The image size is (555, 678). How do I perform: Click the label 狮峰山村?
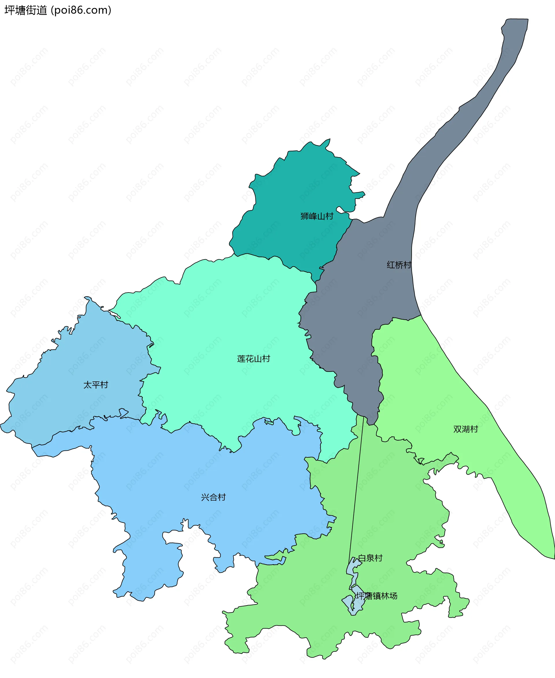coord(317,216)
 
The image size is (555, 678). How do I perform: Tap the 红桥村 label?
coord(399,265)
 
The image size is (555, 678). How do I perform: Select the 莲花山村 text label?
coord(254,359)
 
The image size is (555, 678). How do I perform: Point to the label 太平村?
coord(96,385)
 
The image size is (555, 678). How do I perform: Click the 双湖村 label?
coord(465,429)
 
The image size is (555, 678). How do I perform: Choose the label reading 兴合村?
coord(213,497)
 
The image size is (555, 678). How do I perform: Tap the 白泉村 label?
coord(370,558)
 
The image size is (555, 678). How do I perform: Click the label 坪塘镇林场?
coord(376,596)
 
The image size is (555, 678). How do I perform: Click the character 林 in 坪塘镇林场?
coord(385,596)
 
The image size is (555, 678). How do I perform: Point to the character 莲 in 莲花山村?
coord(241,359)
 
